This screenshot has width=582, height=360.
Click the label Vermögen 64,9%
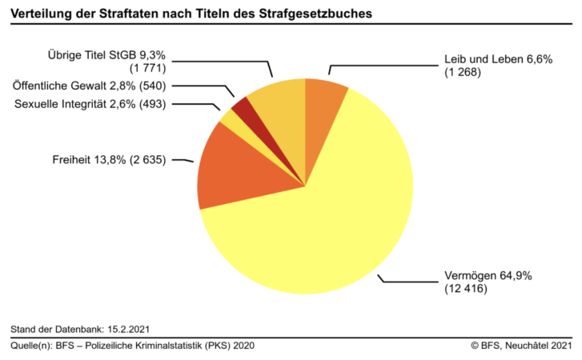488,276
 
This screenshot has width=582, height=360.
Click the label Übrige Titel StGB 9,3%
105,56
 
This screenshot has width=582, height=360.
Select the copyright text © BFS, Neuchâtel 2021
522,346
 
